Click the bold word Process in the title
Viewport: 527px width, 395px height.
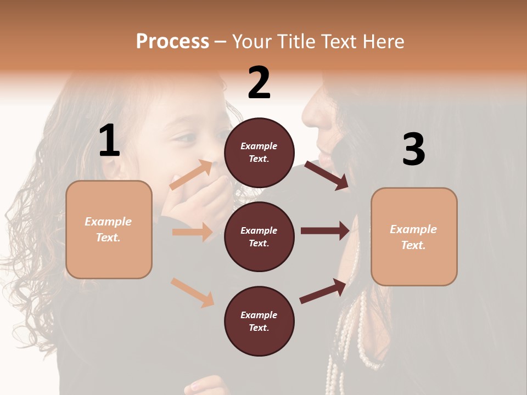pos(172,42)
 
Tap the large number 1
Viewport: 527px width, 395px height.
pos(109,141)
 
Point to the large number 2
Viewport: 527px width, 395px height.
pos(259,83)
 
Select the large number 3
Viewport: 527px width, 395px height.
pos(413,150)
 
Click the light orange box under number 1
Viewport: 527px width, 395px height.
pos(109,229)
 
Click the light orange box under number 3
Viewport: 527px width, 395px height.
pos(414,236)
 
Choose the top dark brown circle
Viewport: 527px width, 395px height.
pos(259,153)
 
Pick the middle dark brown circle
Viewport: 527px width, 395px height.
pos(259,236)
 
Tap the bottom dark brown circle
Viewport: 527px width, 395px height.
pos(259,321)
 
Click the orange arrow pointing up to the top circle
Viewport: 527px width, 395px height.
pos(192,175)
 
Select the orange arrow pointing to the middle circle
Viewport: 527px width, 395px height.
pos(192,232)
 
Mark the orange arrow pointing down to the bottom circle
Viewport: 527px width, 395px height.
pos(193,292)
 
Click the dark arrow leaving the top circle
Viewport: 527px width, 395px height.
pos(327,176)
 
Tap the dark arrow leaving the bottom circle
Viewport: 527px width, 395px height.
pos(323,291)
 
